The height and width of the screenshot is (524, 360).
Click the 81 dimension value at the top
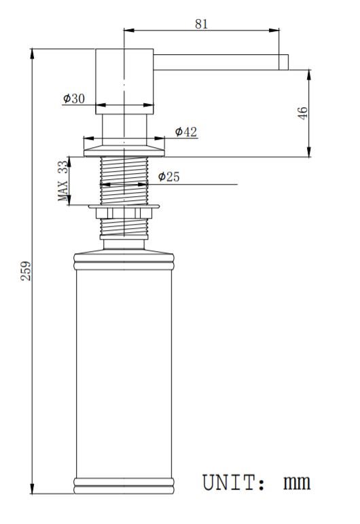202,24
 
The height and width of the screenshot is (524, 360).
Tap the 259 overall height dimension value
26,271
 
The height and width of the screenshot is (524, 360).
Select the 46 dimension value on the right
302,113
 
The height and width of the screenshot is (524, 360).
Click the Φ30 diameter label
74,98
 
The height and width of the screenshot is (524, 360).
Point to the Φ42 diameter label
185,132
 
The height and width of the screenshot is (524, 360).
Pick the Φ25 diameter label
168,176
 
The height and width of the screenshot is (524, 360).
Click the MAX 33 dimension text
62,181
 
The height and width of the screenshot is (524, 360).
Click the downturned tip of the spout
283,62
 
